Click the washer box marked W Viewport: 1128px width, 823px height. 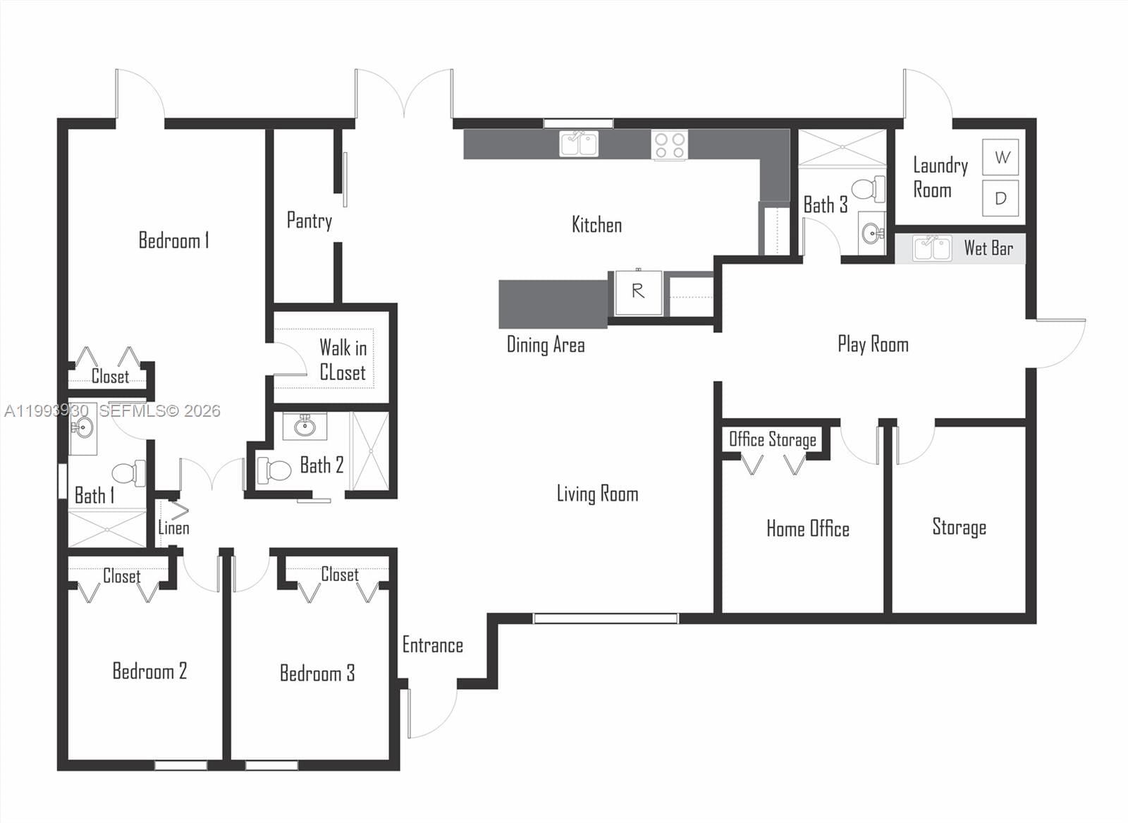click(x=1001, y=157)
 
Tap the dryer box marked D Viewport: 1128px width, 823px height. click(x=1001, y=198)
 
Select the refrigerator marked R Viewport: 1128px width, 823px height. click(x=638, y=292)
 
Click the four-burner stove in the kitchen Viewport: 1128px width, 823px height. click(x=669, y=145)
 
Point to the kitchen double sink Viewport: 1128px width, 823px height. click(x=579, y=144)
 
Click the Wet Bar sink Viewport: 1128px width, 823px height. click(x=932, y=248)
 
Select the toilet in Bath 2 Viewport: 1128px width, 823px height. click(x=274, y=470)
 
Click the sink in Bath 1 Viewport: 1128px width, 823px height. click(x=82, y=427)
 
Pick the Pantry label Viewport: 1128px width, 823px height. click(x=309, y=221)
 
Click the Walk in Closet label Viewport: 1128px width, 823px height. click(x=343, y=359)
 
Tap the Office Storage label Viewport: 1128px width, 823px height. click(x=773, y=440)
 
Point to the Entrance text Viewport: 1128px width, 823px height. click(x=432, y=645)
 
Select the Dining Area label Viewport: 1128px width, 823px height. click(x=546, y=345)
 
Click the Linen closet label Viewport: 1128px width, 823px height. click(x=173, y=528)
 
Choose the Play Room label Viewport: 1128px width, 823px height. click(x=873, y=344)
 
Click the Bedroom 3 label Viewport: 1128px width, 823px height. click(x=317, y=673)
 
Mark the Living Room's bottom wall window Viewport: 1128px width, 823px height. click(x=605, y=618)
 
